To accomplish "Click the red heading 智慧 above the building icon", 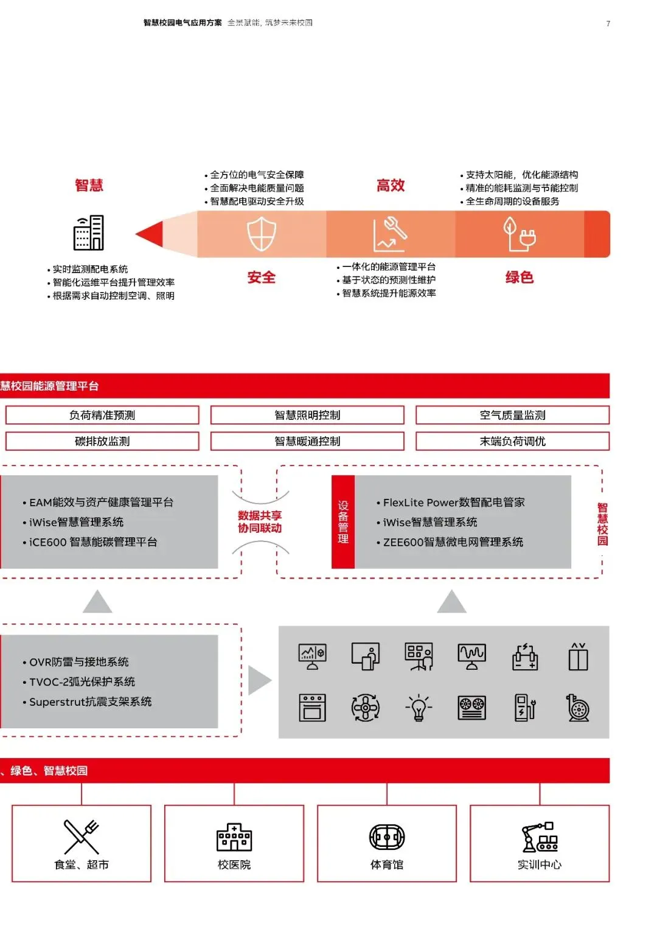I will pyautogui.click(x=89, y=186).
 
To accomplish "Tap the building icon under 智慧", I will pyautogui.click(x=89, y=233).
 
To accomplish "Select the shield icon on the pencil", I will pyautogui.click(x=262, y=235).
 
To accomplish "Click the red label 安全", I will pyautogui.click(x=262, y=277).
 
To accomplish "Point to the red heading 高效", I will pyautogui.click(x=391, y=186).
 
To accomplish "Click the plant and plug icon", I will pyautogui.click(x=519, y=234).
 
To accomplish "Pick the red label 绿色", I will pyautogui.click(x=520, y=277).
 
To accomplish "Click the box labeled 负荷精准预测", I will pyautogui.click(x=102, y=415).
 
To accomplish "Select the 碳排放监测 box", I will pyautogui.click(x=102, y=441).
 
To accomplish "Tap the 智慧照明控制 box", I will pyautogui.click(x=307, y=415).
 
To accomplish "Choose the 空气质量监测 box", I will pyautogui.click(x=512, y=415).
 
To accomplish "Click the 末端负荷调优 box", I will pyautogui.click(x=512, y=441).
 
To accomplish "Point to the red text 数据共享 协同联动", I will pyautogui.click(x=260, y=522).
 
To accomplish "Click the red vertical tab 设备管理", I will pyautogui.click(x=343, y=522).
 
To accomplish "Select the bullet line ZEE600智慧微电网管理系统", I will pyautogui.click(x=453, y=542).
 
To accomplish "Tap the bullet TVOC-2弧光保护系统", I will pyautogui.click(x=82, y=682).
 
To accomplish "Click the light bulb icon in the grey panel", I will pyautogui.click(x=419, y=708).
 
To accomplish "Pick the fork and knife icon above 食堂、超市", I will pyautogui.click(x=82, y=837).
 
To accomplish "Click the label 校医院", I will pyautogui.click(x=234, y=865).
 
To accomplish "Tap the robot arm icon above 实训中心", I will pyautogui.click(x=540, y=837).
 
